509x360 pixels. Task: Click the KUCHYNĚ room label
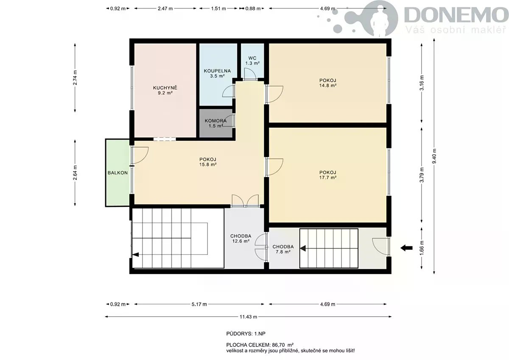pyautogui.click(x=165, y=88)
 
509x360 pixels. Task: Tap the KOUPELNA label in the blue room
pyautogui.click(x=217, y=71)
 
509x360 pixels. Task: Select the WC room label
pyautogui.click(x=252, y=58)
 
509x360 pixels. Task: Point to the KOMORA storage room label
pyautogui.click(x=215, y=121)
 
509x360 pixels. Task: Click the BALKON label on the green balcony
pyautogui.click(x=117, y=173)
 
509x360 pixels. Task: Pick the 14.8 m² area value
pyautogui.click(x=327, y=86)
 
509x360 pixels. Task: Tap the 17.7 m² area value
pyautogui.click(x=327, y=178)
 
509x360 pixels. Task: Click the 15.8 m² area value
pyautogui.click(x=208, y=165)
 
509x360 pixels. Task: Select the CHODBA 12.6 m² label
pyautogui.click(x=241, y=238)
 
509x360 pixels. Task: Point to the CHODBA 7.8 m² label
pyautogui.click(x=283, y=249)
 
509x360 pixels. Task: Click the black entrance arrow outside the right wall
pyautogui.click(x=406, y=248)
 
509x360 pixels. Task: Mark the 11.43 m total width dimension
pyautogui.click(x=248, y=317)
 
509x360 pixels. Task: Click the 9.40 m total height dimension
pyautogui.click(x=434, y=156)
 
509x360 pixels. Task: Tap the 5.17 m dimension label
pyautogui.click(x=199, y=304)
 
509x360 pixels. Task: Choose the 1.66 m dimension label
pyautogui.click(x=422, y=248)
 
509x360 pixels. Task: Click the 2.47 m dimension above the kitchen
pyautogui.click(x=165, y=8)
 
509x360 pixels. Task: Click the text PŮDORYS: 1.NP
pyautogui.click(x=246, y=334)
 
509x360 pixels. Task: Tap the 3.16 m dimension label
pyautogui.click(x=422, y=83)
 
